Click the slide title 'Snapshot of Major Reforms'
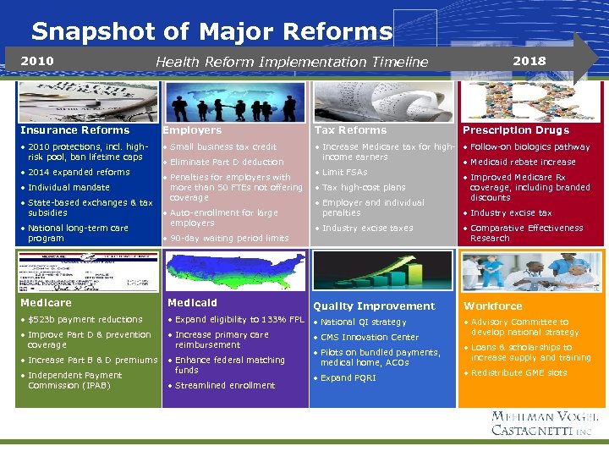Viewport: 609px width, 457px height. point(211,32)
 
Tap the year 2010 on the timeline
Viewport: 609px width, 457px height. point(36,61)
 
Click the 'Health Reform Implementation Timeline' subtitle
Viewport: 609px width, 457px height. point(292,62)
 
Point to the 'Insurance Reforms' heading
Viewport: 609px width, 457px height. point(75,130)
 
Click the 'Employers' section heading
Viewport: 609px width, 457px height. point(192,130)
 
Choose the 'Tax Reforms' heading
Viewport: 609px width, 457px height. point(350,130)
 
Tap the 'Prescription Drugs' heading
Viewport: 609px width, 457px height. point(516,130)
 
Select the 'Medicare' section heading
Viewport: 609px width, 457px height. point(46,303)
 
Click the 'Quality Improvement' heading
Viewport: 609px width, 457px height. point(374,306)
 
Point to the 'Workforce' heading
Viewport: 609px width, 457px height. point(493,306)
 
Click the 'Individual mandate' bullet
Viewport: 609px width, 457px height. point(69,187)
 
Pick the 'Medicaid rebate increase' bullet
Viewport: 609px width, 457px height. point(523,162)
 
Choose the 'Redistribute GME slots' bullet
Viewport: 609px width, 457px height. point(518,372)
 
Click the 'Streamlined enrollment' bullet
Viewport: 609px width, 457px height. point(225,385)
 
